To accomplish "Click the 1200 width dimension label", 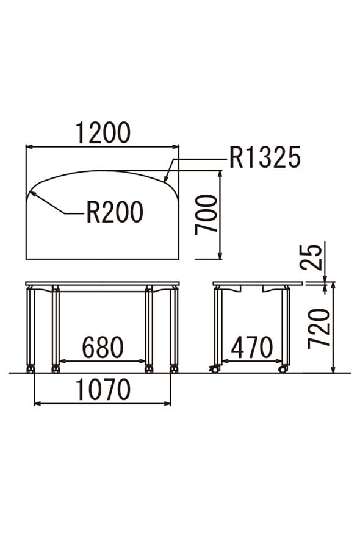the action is tap(103, 133).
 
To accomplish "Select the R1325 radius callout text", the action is tap(265, 157).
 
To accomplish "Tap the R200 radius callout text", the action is tap(115, 212).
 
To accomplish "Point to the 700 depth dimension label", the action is tap(206, 215).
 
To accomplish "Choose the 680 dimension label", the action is tap(103, 348).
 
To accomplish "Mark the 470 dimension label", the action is tap(252, 348).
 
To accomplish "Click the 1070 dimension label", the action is tap(103, 390).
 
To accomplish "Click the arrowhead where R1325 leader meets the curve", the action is tap(165, 179).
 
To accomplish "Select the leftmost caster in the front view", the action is tap(31, 369).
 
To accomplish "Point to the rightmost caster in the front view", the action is tap(174, 369).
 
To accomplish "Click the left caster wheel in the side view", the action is tap(214, 369).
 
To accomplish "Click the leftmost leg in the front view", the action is tap(31, 327).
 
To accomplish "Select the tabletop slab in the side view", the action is tap(257, 284).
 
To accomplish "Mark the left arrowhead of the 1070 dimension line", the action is tap(37, 404).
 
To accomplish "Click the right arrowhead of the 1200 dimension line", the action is tap(176, 146).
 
